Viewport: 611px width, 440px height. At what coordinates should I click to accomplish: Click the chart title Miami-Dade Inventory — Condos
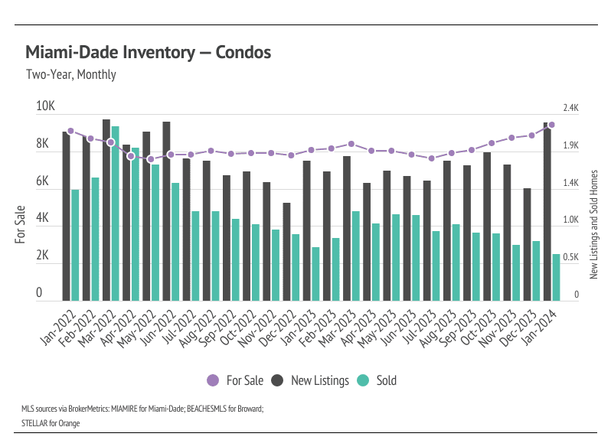pos(148,53)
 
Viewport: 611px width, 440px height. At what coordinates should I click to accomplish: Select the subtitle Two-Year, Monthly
pos(70,75)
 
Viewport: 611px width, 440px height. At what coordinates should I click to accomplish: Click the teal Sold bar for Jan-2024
pos(556,277)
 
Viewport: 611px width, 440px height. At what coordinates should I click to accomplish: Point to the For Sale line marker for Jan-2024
pos(551,125)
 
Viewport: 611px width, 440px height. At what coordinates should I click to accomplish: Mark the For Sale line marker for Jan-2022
pos(70,131)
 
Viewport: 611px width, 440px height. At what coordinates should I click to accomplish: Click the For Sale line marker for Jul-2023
pos(431,158)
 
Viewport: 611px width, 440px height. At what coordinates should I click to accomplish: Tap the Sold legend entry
pos(378,380)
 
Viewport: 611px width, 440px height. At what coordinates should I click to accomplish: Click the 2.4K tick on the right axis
pos(571,108)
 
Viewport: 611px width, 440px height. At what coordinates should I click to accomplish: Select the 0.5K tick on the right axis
pos(571,258)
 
